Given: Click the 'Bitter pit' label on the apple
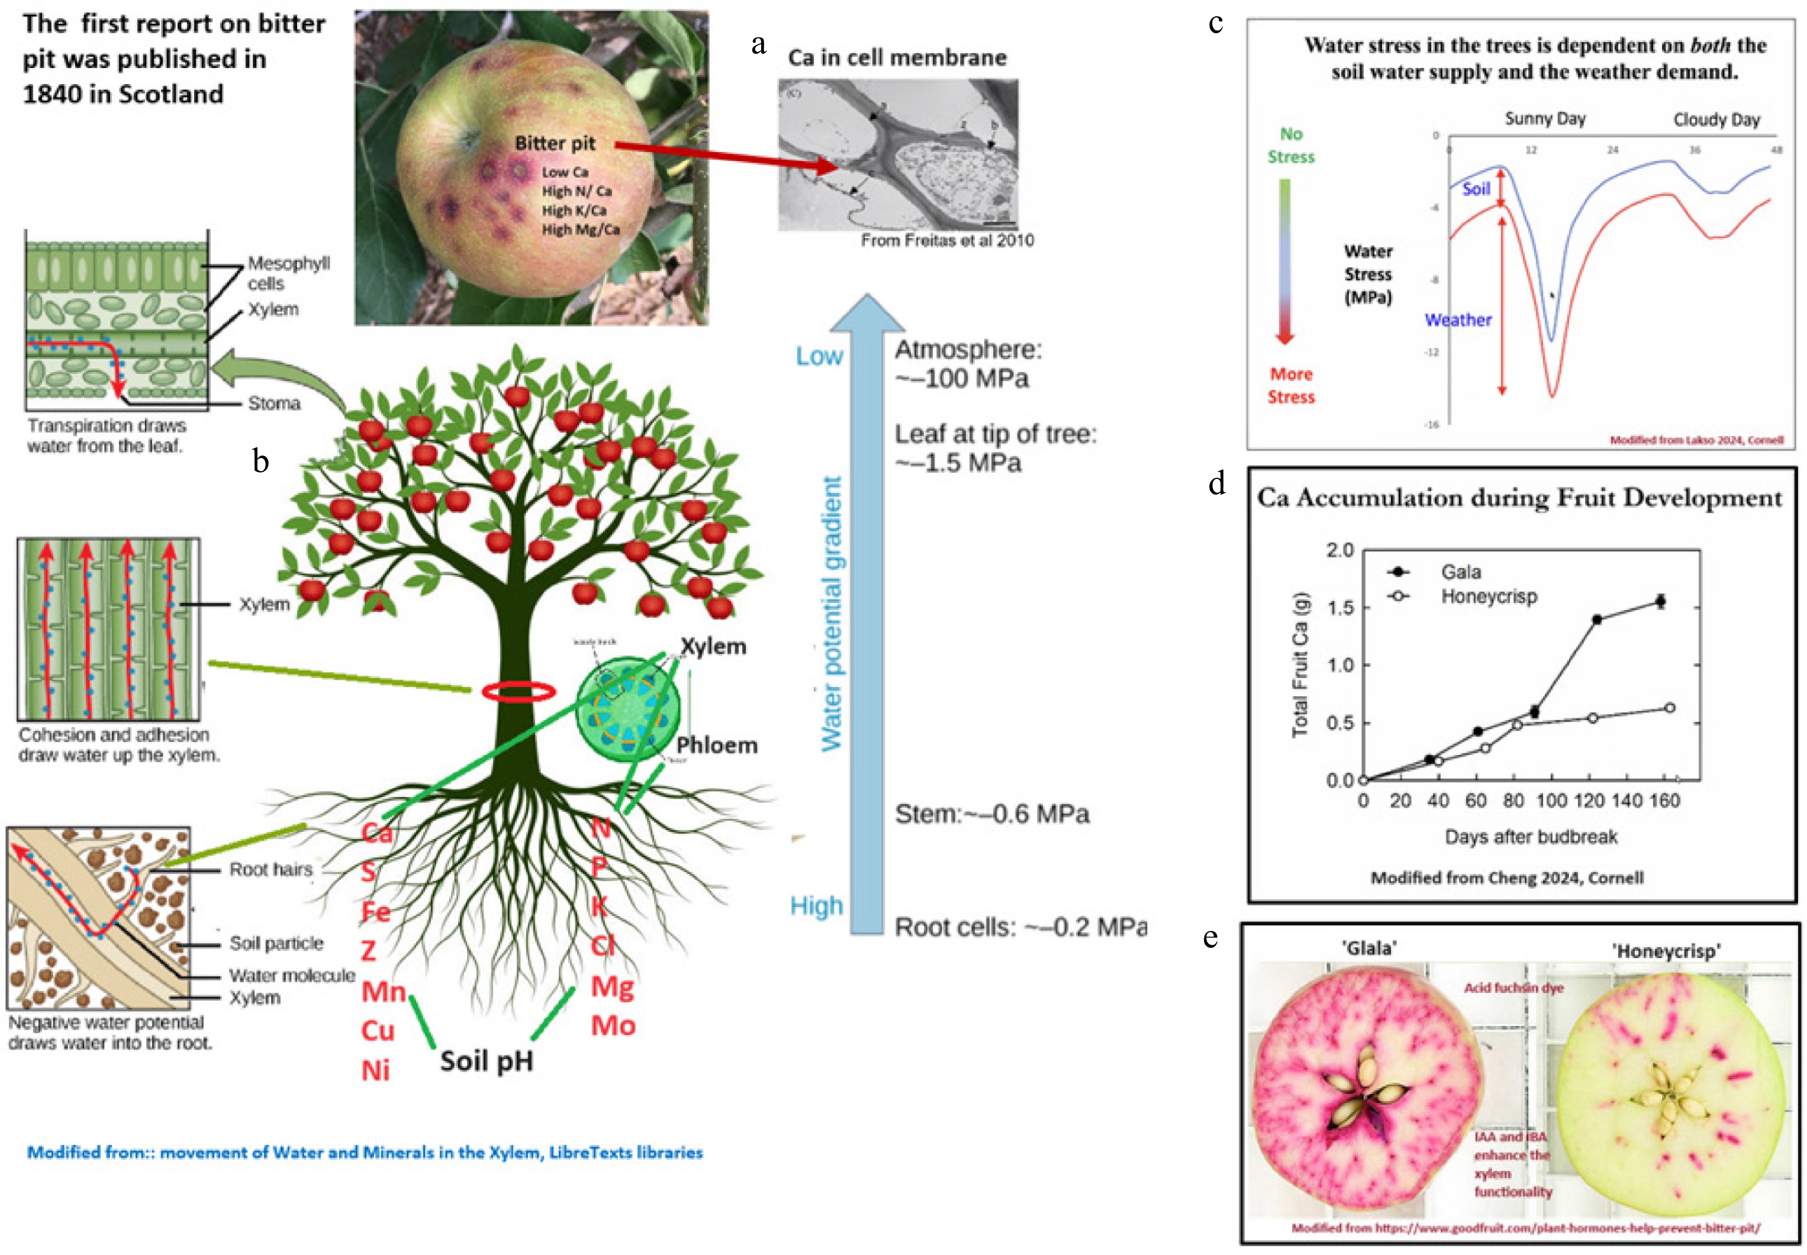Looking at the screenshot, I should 555,143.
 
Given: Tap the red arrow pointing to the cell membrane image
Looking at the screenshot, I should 723,155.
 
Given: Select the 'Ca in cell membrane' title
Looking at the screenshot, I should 897,57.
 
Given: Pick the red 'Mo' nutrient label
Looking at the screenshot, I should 613,1026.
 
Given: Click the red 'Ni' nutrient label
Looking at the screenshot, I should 376,1070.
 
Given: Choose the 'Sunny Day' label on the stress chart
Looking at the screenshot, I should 1545,119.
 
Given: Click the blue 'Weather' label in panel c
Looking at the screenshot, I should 1458,320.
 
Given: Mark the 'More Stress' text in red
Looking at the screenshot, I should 1290,385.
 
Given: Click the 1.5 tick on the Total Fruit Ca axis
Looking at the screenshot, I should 1340,607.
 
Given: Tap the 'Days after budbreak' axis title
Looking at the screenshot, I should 1530,837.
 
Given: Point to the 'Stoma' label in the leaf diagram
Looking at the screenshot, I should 274,404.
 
